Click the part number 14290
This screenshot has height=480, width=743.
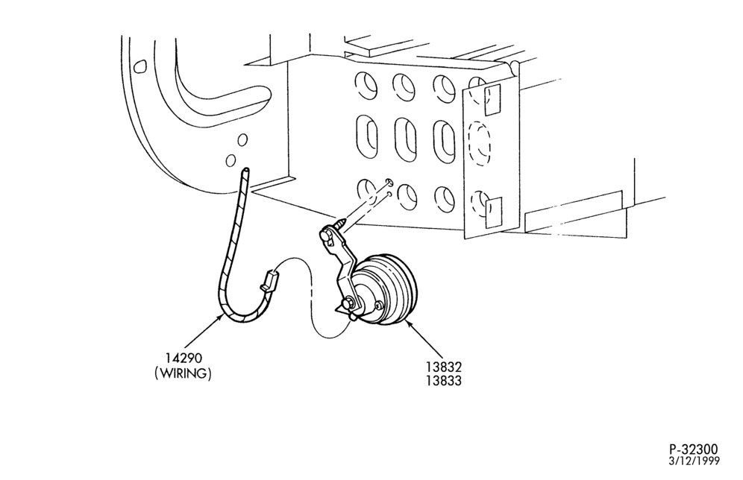tap(184, 358)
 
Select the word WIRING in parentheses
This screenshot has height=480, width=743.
tap(183, 373)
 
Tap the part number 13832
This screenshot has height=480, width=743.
tap(444, 367)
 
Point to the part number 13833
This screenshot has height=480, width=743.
tap(444, 381)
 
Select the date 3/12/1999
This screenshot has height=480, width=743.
tap(695, 461)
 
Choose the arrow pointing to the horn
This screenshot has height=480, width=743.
tap(424, 339)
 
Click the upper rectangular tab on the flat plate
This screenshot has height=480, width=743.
tap(492, 100)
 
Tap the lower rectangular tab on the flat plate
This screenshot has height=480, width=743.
tap(493, 213)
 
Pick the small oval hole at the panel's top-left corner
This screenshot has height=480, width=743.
tap(139, 67)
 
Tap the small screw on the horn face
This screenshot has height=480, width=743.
tap(377, 306)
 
